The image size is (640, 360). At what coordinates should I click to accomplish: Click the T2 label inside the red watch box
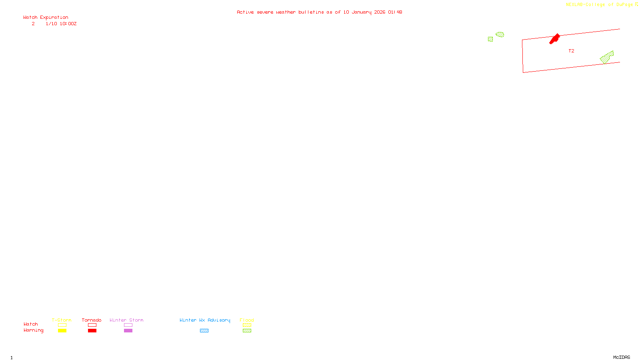point(571,51)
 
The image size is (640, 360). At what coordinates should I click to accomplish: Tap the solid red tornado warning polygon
point(554,39)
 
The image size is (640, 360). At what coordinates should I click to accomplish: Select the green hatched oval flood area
point(500,34)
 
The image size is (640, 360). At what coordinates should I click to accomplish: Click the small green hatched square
point(490,39)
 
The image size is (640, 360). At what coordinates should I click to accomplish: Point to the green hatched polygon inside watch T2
point(607,58)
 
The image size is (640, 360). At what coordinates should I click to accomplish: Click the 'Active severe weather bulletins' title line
point(319,12)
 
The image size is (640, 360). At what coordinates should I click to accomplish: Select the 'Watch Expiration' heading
point(46,18)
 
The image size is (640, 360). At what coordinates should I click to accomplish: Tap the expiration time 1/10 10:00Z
point(61,24)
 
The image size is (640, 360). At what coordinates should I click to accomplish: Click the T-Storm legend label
point(62,320)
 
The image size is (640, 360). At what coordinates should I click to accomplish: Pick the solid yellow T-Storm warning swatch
point(62,331)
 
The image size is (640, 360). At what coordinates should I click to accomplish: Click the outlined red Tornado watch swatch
point(92,325)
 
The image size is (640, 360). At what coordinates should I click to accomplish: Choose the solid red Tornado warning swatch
point(92,331)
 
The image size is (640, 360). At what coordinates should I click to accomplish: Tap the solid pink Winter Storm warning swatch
point(128,331)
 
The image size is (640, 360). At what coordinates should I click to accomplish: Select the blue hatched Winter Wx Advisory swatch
point(204,331)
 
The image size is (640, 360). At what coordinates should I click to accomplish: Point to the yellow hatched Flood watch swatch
point(247,325)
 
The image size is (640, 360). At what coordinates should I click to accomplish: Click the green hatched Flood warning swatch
point(247,331)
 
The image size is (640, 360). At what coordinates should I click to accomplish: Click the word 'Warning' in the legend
point(34,330)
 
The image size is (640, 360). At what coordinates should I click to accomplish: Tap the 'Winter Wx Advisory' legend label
point(205,320)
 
